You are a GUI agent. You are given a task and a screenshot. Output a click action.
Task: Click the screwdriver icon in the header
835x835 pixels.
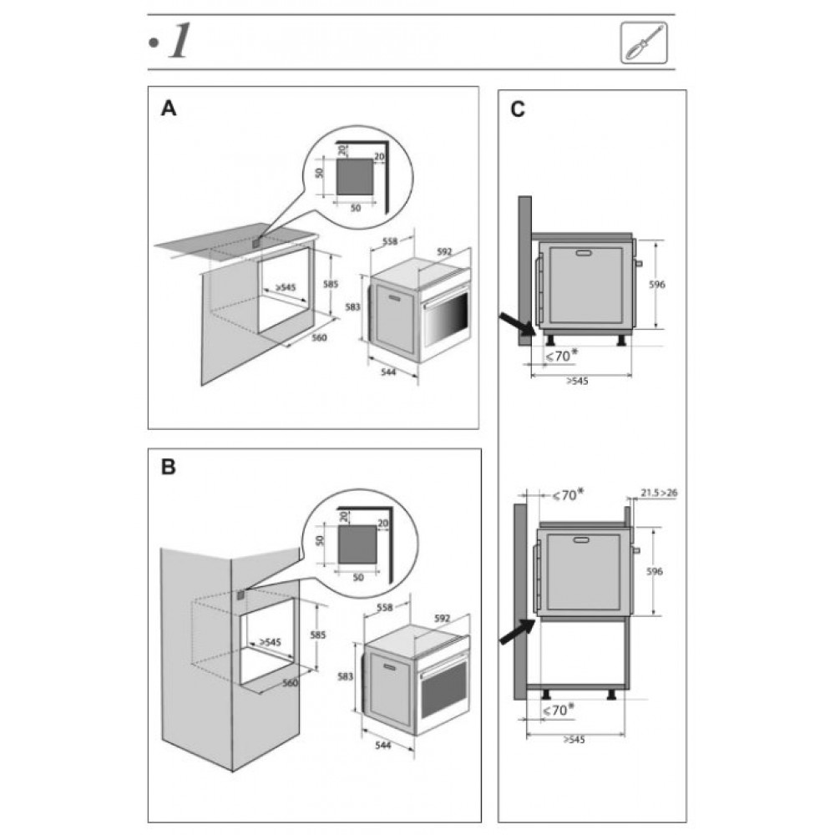(644, 43)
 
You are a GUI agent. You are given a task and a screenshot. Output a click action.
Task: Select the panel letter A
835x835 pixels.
(169, 108)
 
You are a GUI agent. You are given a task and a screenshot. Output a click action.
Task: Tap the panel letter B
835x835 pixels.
(169, 467)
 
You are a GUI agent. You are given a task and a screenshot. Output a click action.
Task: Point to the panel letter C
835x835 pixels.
(518, 109)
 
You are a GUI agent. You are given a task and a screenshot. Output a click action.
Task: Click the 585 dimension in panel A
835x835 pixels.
(331, 284)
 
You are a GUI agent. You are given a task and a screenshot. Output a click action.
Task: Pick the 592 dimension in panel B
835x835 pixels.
(442, 618)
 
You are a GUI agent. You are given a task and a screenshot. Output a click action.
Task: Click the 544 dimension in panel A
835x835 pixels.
(389, 372)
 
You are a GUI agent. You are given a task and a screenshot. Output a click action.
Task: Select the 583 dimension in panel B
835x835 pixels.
(346, 676)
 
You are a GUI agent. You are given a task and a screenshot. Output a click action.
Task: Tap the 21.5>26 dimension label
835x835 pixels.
(659, 493)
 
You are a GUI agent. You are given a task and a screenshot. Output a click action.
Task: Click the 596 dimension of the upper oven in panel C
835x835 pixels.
(657, 285)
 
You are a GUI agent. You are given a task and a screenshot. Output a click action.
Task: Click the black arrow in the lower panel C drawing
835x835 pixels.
(518, 632)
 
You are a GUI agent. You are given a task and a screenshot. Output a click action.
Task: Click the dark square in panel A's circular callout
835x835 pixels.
(355, 176)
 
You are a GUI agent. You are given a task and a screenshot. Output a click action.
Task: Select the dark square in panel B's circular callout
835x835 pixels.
(358, 544)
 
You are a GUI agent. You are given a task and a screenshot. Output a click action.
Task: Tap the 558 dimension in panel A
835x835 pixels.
(390, 241)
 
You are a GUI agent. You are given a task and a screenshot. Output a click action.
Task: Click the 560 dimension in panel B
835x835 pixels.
(291, 683)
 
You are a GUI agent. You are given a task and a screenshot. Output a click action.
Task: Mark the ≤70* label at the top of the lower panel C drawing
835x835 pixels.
(567, 494)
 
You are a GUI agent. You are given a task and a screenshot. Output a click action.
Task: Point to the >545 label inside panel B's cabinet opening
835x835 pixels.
(270, 642)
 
